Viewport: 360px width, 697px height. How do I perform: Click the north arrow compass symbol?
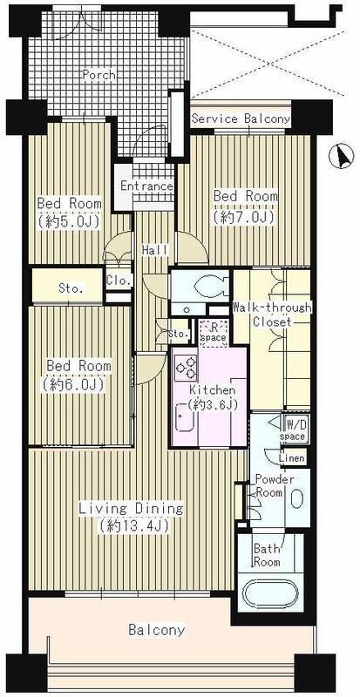click(343, 157)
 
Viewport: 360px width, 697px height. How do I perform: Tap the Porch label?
click(98, 75)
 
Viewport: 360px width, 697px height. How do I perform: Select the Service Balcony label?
click(241, 119)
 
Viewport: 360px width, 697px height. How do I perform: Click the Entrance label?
click(146, 186)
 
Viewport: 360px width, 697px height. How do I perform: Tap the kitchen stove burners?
click(186, 367)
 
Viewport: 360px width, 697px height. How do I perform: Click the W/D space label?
click(293, 430)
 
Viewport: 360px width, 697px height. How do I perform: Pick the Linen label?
click(292, 458)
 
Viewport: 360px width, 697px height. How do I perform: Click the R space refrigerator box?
click(214, 334)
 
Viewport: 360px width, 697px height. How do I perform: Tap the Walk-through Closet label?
click(272, 315)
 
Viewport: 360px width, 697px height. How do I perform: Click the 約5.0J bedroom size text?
click(68, 221)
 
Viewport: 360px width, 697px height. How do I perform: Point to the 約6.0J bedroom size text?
click(74, 384)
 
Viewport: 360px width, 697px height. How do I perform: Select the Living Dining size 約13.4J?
click(133, 526)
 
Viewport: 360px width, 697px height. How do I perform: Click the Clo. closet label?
click(119, 281)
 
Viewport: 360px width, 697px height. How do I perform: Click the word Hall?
click(155, 250)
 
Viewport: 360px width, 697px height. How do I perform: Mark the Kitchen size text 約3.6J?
click(211, 404)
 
